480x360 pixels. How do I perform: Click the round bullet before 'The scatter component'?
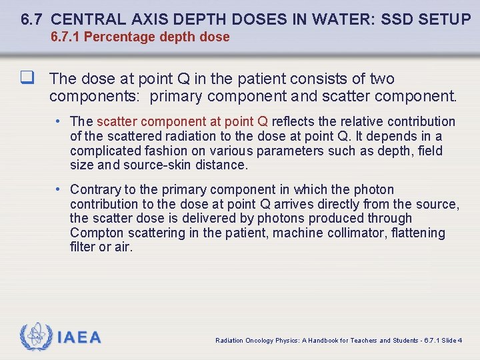click(x=59, y=121)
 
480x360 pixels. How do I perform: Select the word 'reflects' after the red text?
click(x=295, y=121)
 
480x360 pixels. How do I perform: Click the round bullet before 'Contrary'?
click(x=59, y=190)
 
